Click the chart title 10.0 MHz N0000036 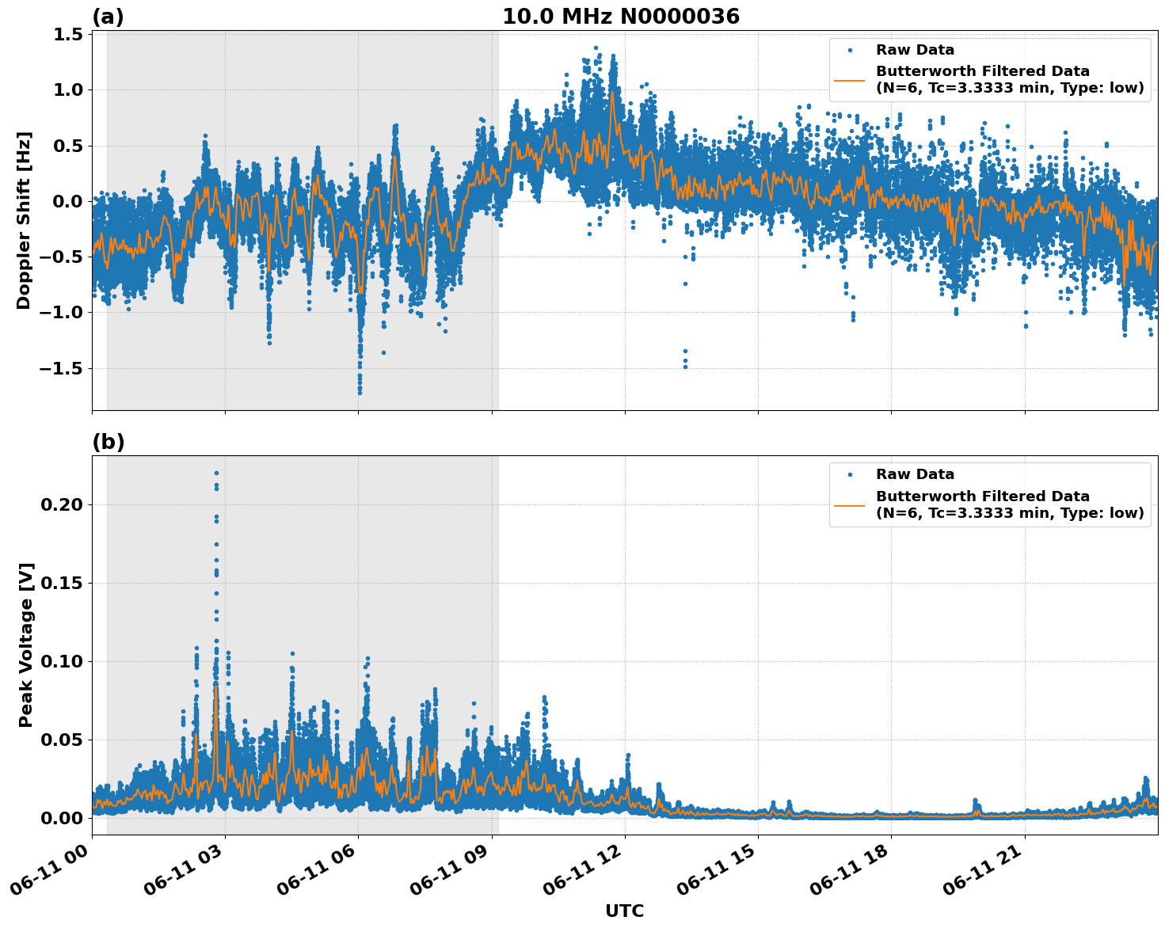pos(620,17)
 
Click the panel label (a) pos(108,17)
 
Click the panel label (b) pos(108,442)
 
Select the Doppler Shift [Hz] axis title pos(24,220)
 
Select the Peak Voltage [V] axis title pos(26,645)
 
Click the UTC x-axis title pos(624,911)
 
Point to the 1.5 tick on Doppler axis pos(68,35)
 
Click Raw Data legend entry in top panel pos(915,50)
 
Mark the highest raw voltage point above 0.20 pos(216,474)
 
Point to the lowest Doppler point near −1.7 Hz pos(360,392)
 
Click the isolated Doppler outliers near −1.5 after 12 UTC pos(685,359)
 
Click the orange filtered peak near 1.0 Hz pos(612,93)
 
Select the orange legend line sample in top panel pos(849,79)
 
